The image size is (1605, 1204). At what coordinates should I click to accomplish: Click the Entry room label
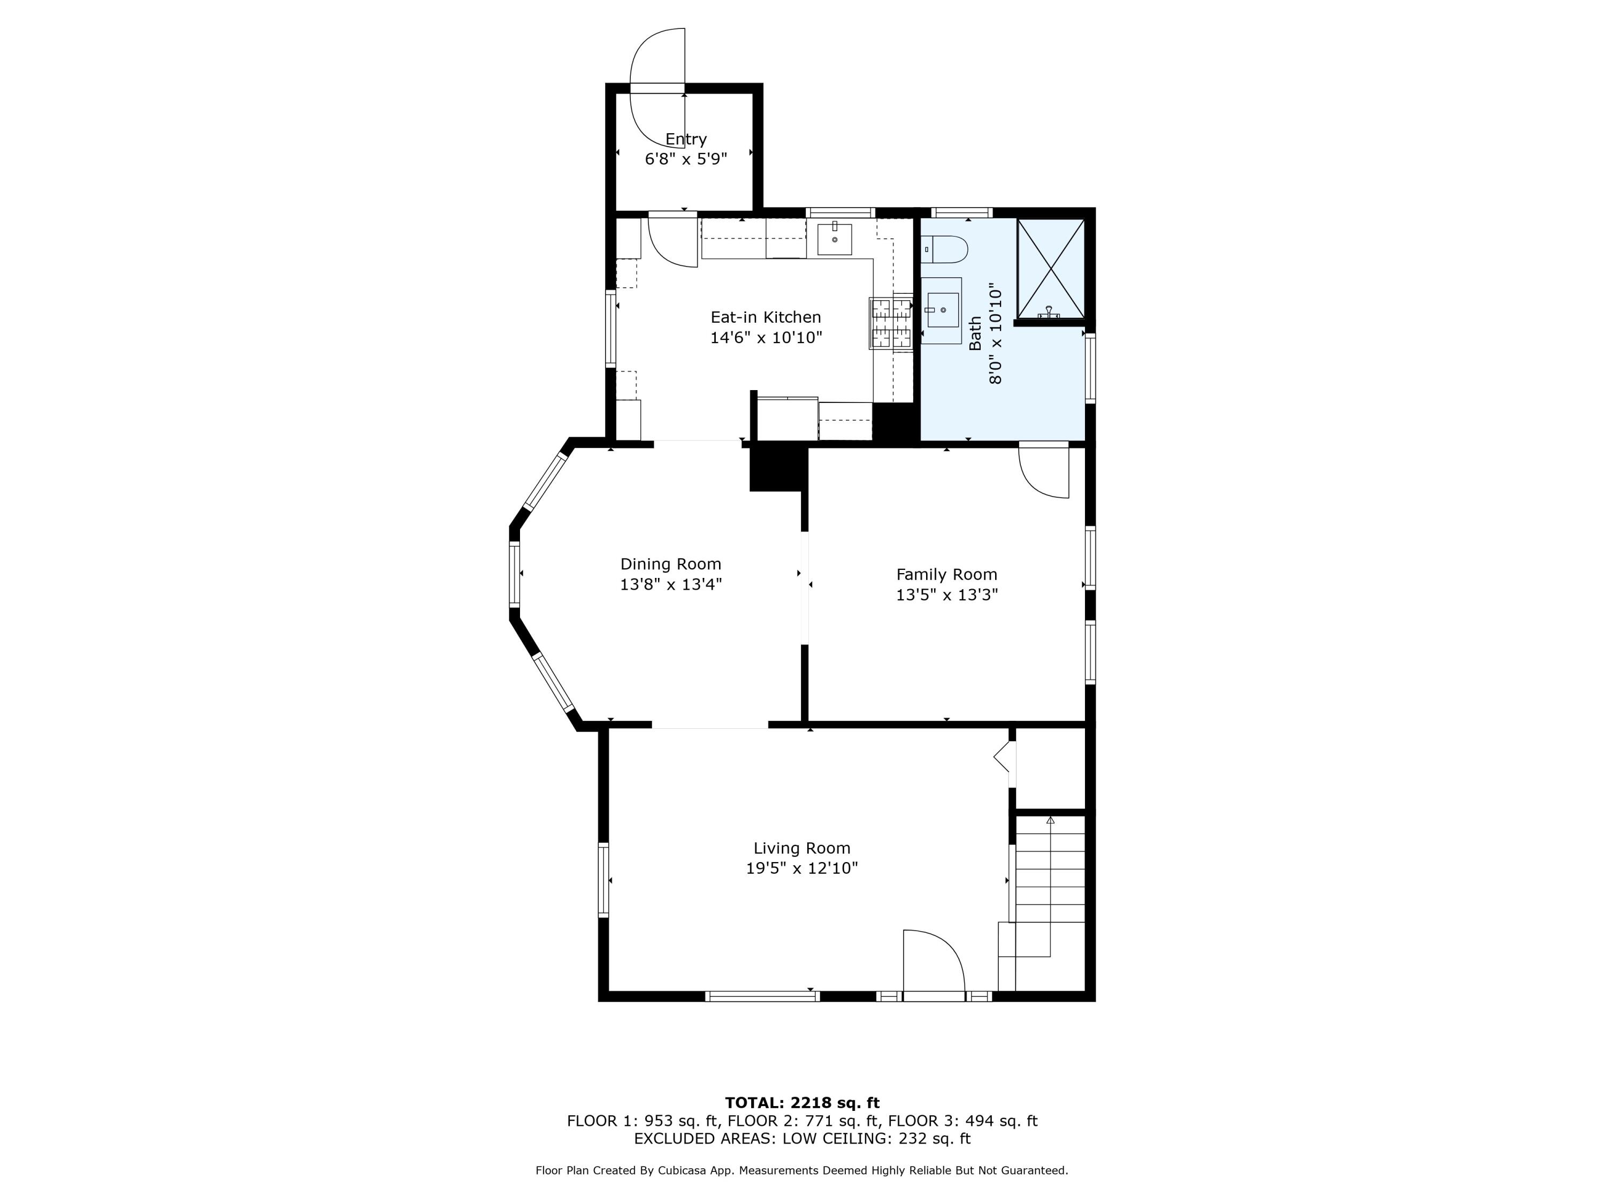[x=686, y=139]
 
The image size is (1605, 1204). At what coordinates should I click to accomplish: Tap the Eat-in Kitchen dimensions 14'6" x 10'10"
[x=766, y=338]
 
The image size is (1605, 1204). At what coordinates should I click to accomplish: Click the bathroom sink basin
[x=943, y=310]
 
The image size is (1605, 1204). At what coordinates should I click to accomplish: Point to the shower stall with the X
[x=1050, y=269]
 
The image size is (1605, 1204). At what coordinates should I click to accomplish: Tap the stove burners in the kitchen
[x=892, y=324]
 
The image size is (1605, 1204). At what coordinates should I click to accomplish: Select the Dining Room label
[x=670, y=564]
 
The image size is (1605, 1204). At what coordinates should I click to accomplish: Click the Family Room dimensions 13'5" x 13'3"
[x=946, y=595]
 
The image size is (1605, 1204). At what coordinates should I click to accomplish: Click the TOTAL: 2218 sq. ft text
[x=802, y=1103]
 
